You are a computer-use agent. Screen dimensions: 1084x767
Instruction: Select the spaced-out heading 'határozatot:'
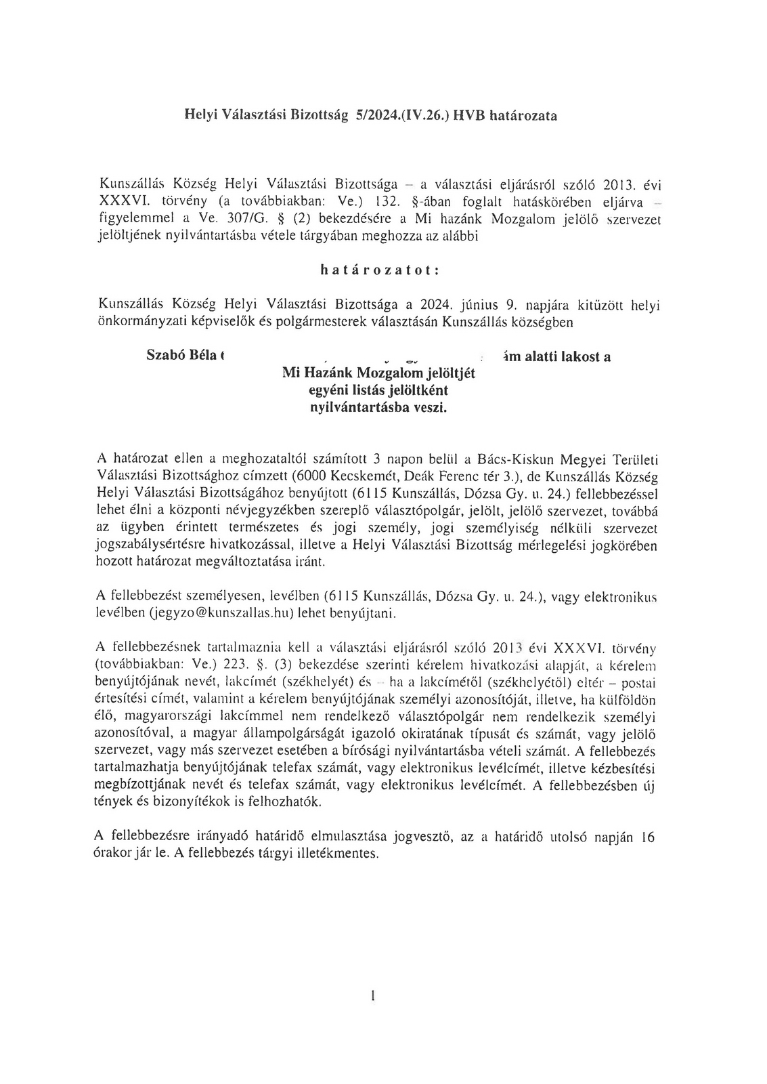point(380,270)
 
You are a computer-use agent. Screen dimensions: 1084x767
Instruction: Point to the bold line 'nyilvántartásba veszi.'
point(378,408)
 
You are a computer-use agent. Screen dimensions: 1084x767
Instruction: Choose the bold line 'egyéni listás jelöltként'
point(378,391)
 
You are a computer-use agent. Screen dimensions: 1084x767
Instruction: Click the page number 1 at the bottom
point(373,996)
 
